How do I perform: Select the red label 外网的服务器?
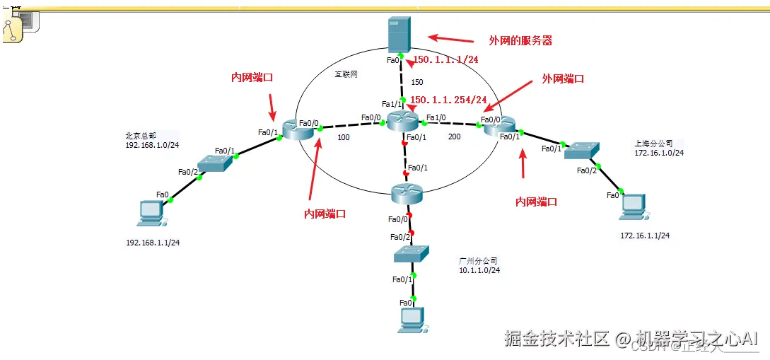click(520, 41)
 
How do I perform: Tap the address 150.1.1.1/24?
click(445, 60)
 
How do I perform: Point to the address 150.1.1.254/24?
click(449, 100)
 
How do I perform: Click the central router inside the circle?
click(403, 121)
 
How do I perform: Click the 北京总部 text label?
click(140, 135)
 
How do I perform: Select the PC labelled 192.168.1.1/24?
click(151, 212)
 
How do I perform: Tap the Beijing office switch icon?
click(214, 163)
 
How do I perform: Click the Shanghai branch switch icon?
click(582, 150)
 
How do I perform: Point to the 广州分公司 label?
click(478, 260)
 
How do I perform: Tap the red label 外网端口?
click(563, 79)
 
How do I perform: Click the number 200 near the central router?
click(455, 137)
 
